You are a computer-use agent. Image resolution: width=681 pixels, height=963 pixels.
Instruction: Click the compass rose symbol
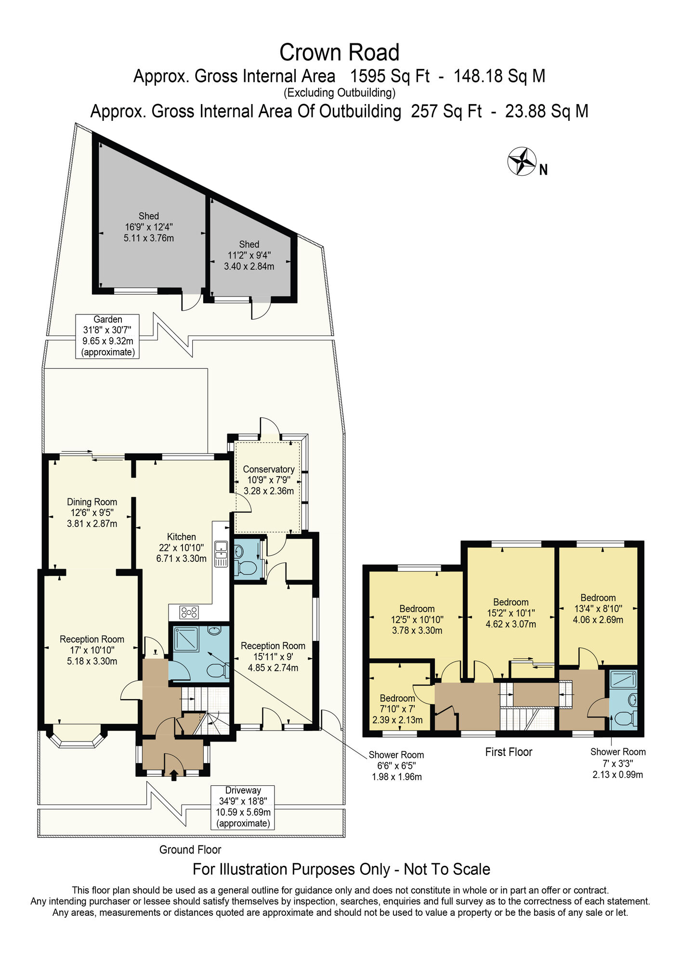pos(522,161)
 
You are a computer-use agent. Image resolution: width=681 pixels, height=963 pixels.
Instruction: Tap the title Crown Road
pos(340,52)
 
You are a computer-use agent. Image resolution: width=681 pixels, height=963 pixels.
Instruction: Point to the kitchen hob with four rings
pos(189,612)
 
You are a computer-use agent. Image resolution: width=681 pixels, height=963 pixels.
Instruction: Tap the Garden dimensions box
pos(107,336)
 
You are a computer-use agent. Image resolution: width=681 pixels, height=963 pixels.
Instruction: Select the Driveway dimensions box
pos(243,807)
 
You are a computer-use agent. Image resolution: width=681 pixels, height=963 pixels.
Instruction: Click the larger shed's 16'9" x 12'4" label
pos(149,227)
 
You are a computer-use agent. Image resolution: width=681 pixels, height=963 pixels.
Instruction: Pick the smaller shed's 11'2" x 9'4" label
pos(249,255)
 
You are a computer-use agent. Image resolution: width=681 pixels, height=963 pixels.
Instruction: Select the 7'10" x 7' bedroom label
pos(397,709)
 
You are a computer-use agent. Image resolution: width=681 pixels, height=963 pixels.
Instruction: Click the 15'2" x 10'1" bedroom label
pos(511,613)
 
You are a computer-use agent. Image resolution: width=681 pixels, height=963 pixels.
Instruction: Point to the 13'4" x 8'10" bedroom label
pos(598,609)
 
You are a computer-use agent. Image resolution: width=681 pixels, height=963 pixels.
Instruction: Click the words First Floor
pos(509,752)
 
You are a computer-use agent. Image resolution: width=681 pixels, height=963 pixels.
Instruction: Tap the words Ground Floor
pos(190,850)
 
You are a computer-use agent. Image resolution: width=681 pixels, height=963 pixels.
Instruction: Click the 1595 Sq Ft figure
pos(390,76)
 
